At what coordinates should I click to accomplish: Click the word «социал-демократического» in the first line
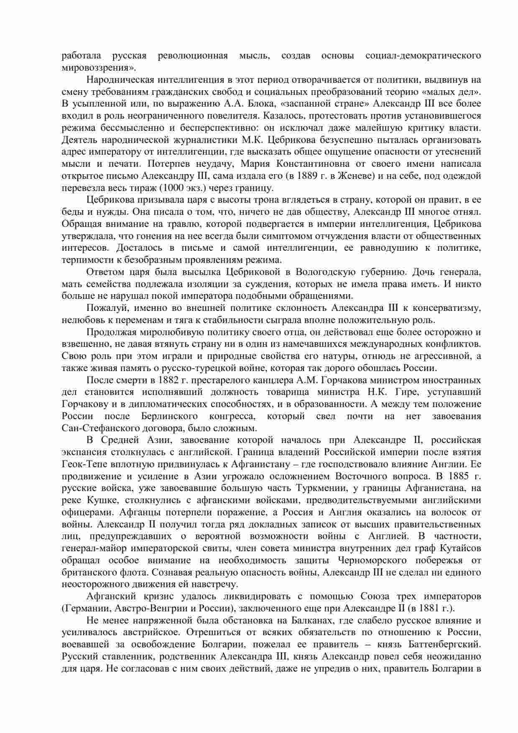click(423, 56)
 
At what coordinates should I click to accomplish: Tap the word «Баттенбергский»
click(449, 645)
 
